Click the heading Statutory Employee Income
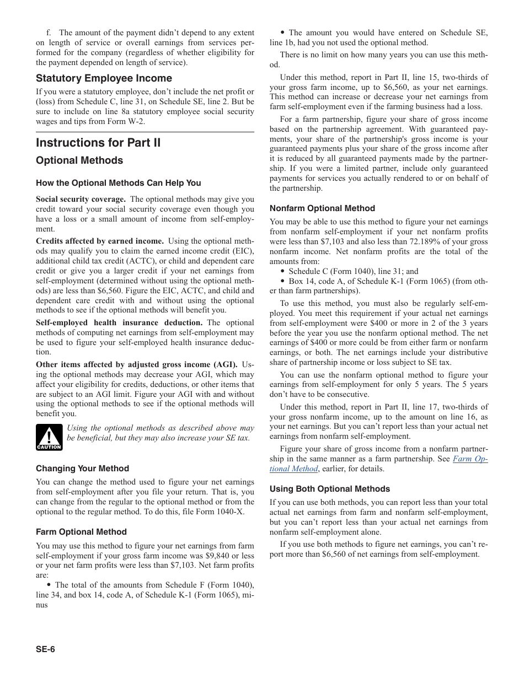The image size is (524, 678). coord(104,78)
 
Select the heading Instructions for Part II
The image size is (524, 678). coord(98,143)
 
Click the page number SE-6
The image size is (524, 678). coord(45,649)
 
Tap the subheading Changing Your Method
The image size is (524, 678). coord(82,469)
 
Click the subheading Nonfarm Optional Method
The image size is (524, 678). coord(322,208)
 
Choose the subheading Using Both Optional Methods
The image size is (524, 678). coord(329,489)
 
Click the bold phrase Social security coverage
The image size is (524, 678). coord(81,199)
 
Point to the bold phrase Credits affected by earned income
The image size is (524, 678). coord(99,241)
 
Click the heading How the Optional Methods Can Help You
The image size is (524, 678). coord(118,183)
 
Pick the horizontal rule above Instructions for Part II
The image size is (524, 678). coord(145,132)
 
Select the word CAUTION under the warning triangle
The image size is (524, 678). coord(49,447)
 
